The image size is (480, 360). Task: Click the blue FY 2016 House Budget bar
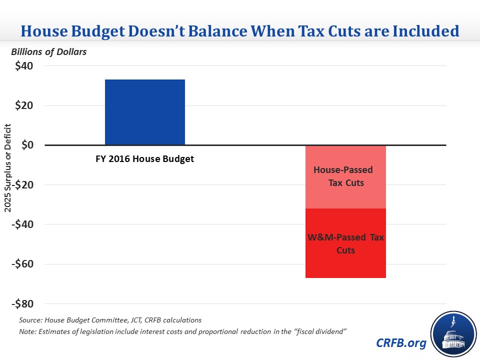click(x=144, y=112)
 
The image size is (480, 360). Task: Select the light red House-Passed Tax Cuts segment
click(x=345, y=176)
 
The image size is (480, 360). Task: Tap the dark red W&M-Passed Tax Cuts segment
click(x=345, y=243)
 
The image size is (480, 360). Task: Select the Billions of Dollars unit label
click(x=49, y=52)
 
